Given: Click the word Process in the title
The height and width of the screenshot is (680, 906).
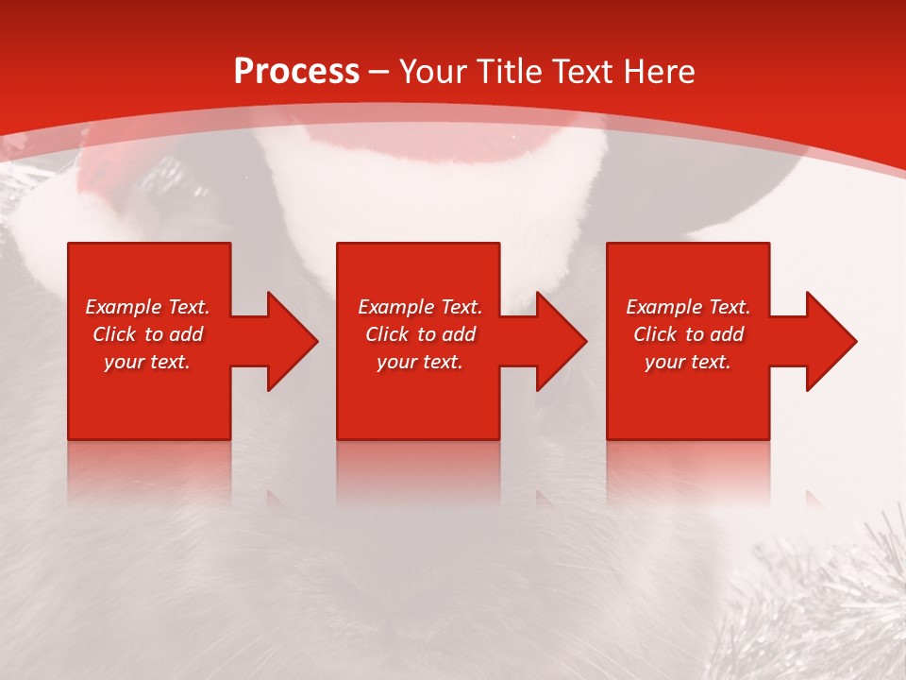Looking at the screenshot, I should pyautogui.click(x=296, y=72).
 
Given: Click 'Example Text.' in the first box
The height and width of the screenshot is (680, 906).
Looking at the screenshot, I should pyautogui.click(x=147, y=307).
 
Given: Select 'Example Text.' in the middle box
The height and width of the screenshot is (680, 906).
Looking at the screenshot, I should pyautogui.click(x=420, y=307).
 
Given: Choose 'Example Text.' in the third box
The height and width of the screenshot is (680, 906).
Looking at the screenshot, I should pyautogui.click(x=688, y=307).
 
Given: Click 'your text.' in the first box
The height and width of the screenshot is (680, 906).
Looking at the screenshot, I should pyautogui.click(x=147, y=362).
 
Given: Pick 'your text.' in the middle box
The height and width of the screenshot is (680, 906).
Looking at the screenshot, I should pyautogui.click(x=420, y=362).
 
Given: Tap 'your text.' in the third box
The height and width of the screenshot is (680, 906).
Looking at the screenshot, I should pyautogui.click(x=688, y=362).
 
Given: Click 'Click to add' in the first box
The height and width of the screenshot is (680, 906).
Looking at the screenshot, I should pyautogui.click(x=147, y=334).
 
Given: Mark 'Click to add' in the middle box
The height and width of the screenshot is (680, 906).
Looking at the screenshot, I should pyautogui.click(x=420, y=334).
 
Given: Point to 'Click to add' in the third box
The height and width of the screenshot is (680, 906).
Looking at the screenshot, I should pyautogui.click(x=688, y=334).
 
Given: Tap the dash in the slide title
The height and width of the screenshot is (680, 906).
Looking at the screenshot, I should pyautogui.click(x=378, y=72).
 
